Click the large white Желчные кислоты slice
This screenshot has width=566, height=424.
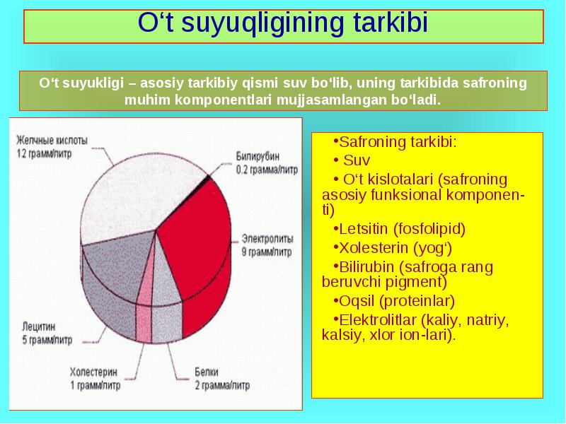[x=141, y=195]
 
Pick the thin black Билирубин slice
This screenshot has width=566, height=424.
[x=207, y=178]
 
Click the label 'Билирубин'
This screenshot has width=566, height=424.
[x=258, y=156]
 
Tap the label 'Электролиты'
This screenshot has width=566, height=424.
[x=267, y=239]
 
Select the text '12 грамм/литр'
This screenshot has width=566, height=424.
[x=44, y=153]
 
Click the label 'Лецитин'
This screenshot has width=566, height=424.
[x=39, y=326]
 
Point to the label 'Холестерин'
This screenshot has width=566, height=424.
[x=94, y=372]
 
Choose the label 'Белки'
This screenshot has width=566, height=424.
[x=207, y=372]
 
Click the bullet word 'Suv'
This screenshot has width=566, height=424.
[x=357, y=160]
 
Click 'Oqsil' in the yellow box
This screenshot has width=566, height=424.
[x=357, y=302]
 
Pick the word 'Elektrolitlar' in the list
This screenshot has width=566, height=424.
[x=378, y=320]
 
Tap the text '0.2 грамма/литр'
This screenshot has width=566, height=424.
[x=267, y=170]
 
